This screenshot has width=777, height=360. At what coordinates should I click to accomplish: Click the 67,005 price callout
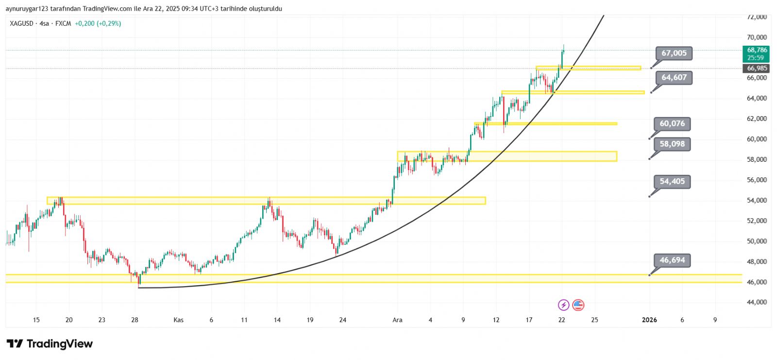coord(674,53)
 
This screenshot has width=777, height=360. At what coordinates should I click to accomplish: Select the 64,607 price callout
coord(674,78)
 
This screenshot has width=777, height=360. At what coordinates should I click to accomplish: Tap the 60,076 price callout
coord(672,124)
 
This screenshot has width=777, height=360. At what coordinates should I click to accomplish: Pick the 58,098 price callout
coord(672,144)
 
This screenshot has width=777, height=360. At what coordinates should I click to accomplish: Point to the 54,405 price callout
coord(672,182)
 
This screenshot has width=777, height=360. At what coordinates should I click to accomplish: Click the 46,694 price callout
coord(672,260)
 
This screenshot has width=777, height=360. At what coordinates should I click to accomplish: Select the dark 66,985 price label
coord(757,69)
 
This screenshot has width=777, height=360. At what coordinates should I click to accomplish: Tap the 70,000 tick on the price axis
coord(757,37)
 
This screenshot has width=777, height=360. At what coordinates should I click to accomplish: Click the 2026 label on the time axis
coord(649,320)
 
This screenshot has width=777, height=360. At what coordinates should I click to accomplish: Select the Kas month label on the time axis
coord(179,320)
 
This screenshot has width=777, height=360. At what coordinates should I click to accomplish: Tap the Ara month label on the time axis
coord(397,320)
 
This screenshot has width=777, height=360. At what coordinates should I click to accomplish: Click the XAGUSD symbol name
coord(21,23)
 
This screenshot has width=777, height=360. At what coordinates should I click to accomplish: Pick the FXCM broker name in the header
coord(63,23)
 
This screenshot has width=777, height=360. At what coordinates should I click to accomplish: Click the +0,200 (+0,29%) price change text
coord(98,23)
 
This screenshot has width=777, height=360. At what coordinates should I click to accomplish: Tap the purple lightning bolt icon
coord(563,305)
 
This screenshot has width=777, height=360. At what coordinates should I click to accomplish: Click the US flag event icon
coord(578,305)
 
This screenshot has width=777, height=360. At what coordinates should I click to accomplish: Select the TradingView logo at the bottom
coord(50,344)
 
